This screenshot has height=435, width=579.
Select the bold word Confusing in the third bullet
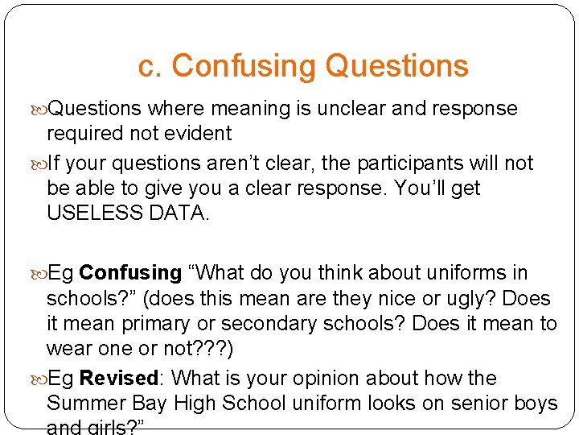(130, 273)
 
